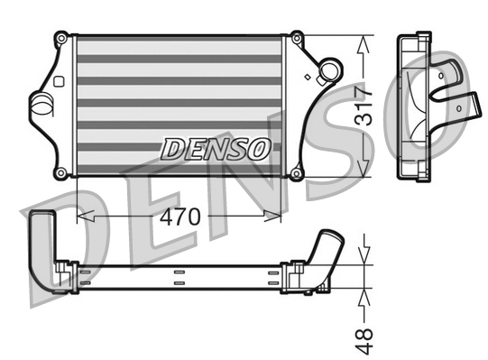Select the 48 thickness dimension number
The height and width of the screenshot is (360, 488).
coord(364,335)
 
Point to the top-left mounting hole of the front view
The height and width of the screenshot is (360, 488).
coord(60,39)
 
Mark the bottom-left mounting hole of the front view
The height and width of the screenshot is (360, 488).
coord(60,172)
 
